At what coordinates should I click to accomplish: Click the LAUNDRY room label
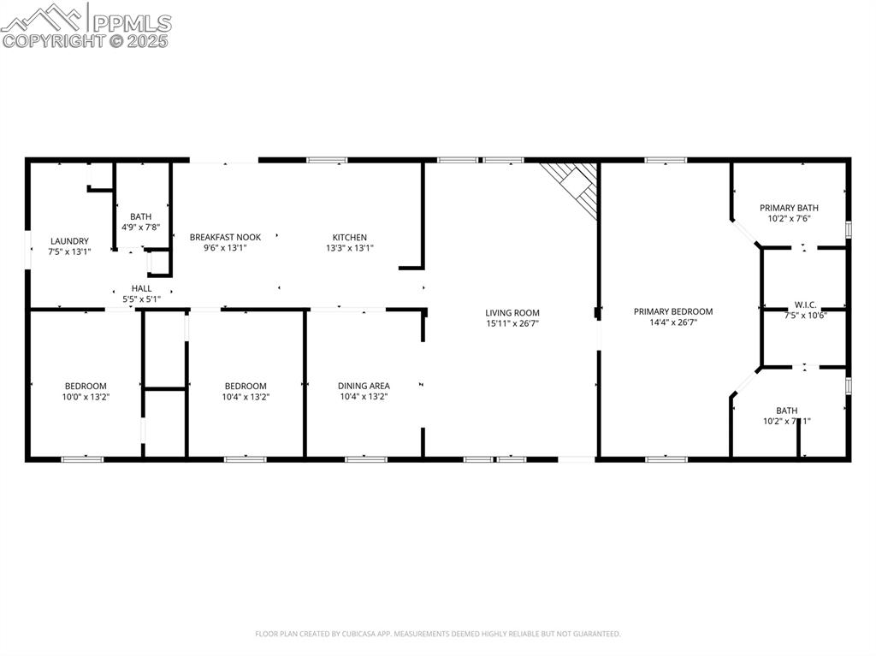[69, 241]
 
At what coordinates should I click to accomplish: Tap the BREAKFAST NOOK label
[225, 237]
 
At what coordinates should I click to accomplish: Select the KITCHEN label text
[349, 237]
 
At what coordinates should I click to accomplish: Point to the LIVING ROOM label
[512, 313]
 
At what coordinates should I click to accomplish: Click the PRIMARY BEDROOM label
[672, 311]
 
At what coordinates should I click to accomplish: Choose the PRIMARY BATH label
[789, 208]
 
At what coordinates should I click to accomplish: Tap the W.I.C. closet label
[805, 304]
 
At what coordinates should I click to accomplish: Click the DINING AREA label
[364, 386]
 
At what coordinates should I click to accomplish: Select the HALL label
[141, 288]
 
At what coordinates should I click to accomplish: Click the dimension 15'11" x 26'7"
[512, 323]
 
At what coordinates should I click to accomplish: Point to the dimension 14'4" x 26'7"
[672, 322]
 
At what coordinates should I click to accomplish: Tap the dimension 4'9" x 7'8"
[140, 228]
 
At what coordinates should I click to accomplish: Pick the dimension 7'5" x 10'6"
[805, 315]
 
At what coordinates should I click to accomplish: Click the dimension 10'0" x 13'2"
[86, 397]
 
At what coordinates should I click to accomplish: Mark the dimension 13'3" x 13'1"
[349, 248]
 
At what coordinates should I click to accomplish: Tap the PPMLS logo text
[131, 23]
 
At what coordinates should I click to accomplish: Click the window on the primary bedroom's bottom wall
[666, 459]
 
